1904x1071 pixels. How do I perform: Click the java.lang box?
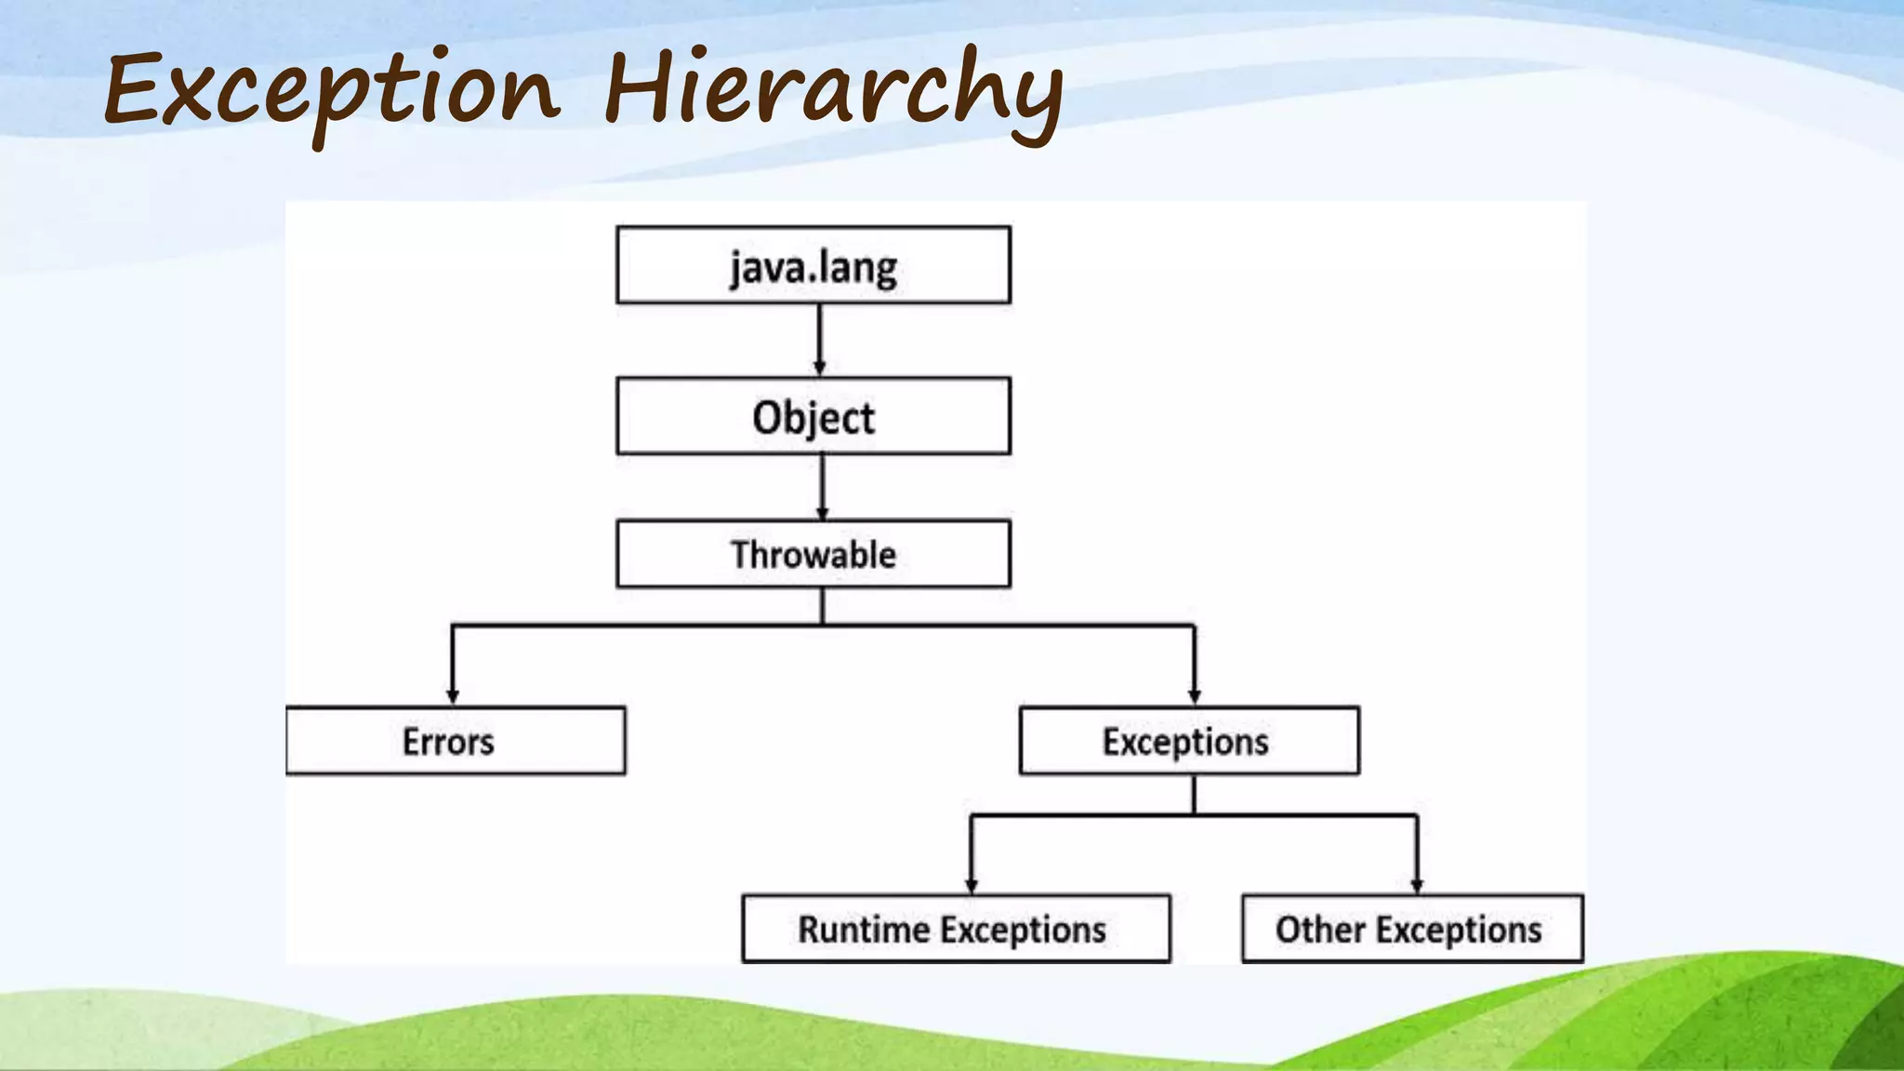click(x=813, y=265)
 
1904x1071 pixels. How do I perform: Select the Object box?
click(x=813, y=416)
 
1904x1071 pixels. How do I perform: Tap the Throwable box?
click(x=813, y=554)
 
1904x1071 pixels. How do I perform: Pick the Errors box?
click(x=456, y=741)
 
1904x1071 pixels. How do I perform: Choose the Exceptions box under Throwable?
click(x=1189, y=741)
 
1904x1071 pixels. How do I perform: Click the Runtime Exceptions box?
click(x=956, y=929)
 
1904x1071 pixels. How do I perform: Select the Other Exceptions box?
click(x=1412, y=929)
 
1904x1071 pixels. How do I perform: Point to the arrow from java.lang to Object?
click(x=819, y=339)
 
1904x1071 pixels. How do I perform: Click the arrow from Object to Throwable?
click(x=822, y=486)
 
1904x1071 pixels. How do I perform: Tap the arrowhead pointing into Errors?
click(x=453, y=696)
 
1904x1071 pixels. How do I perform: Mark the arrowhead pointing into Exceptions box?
click(x=1195, y=696)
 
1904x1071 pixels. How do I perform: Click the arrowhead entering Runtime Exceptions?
click(x=972, y=885)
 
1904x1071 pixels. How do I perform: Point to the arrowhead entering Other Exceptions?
click(x=1417, y=885)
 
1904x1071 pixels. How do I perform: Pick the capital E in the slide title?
click(x=136, y=90)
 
